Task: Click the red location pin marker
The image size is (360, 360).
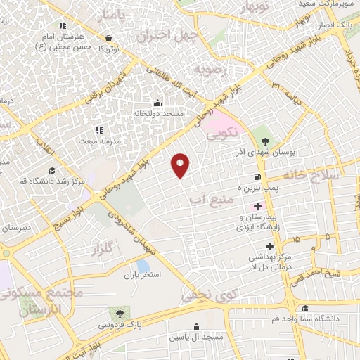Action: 181,165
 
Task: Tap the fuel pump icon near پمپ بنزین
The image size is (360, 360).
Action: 258,176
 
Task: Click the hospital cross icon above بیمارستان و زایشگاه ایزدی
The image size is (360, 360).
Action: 257,207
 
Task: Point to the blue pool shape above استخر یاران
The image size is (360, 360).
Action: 143,266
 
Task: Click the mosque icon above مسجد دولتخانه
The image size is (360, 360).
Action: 157,103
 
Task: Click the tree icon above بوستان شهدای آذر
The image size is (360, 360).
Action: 264,141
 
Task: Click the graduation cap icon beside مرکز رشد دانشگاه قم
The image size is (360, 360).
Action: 51,170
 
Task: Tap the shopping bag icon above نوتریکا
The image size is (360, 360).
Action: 108,39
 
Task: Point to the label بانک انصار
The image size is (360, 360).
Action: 335,25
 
